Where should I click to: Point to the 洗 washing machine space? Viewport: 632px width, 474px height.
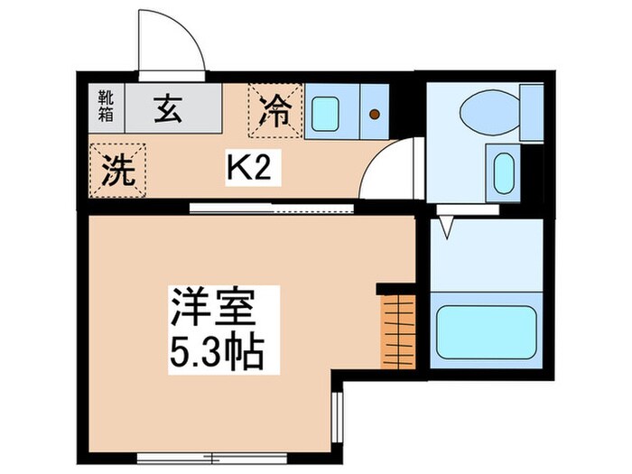[116, 169]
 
